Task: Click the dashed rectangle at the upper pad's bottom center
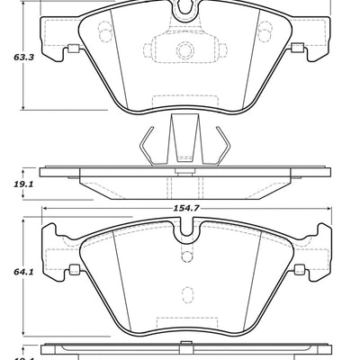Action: [184, 101]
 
